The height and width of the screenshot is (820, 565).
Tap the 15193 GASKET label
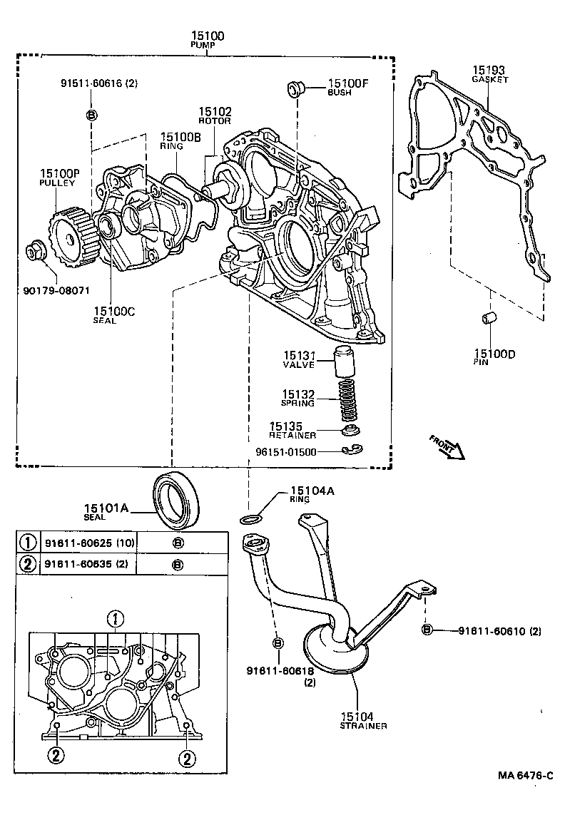click(489, 75)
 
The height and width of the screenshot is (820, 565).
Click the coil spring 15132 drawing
click(346, 400)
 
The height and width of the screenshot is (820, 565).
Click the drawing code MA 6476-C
click(525, 776)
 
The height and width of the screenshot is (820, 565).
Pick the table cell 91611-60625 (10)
click(90, 543)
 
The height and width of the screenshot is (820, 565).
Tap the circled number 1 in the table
click(27, 543)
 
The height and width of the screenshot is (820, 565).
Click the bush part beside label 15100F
click(295, 88)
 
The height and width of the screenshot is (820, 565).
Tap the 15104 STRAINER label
click(363, 721)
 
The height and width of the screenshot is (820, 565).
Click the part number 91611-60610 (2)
click(500, 630)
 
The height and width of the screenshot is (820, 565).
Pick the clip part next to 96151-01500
click(350, 450)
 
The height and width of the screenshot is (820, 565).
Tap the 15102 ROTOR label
click(215, 116)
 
